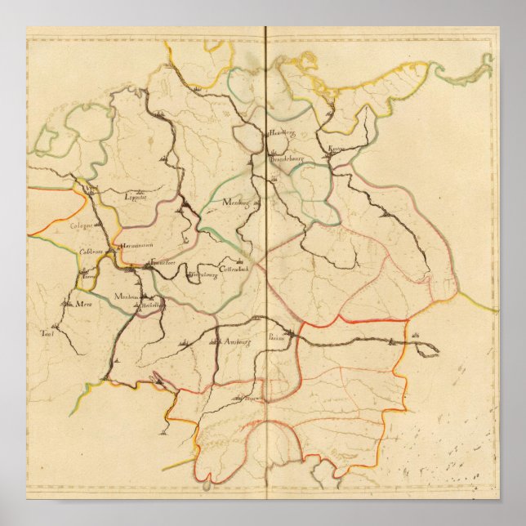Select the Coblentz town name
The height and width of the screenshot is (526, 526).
click(x=91, y=252)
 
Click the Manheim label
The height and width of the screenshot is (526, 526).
click(x=127, y=296)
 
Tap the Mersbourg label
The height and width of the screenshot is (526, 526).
click(x=236, y=201)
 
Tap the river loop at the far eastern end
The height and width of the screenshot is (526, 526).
click(x=428, y=350)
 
